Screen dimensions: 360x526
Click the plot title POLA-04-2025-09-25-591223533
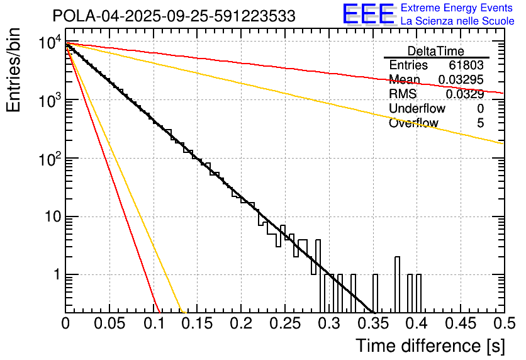click(x=174, y=16)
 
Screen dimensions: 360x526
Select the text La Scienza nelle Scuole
click(x=457, y=21)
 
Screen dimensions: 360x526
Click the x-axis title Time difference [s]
click(x=430, y=346)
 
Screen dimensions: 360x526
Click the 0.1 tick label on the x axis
click(x=153, y=323)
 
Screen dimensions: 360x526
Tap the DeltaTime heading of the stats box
click(x=436, y=51)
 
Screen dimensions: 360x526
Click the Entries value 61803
click(x=466, y=65)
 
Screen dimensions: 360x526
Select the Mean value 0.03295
click(x=461, y=80)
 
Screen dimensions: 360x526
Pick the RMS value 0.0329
click(x=465, y=94)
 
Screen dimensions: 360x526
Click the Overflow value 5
click(x=480, y=123)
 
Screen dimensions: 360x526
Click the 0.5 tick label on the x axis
click(x=503, y=323)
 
